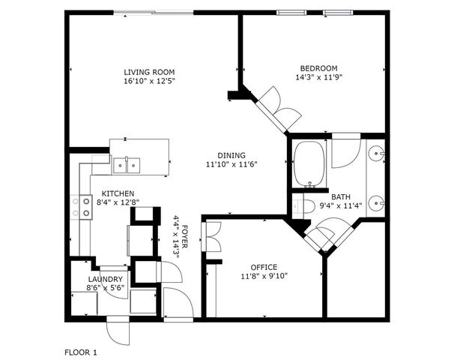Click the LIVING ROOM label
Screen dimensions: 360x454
pyautogui.click(x=148, y=73)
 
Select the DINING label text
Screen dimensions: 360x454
pyautogui.click(x=231, y=155)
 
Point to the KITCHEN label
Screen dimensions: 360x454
pyautogui.click(x=118, y=193)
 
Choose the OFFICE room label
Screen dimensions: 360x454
pyautogui.click(x=264, y=267)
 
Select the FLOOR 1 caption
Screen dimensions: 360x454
pyautogui.click(x=81, y=351)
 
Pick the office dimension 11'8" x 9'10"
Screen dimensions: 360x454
pyautogui.click(x=264, y=276)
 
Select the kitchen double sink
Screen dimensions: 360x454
pyautogui.click(x=126, y=164)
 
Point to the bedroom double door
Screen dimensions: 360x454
pyautogui.click(x=279, y=106)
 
